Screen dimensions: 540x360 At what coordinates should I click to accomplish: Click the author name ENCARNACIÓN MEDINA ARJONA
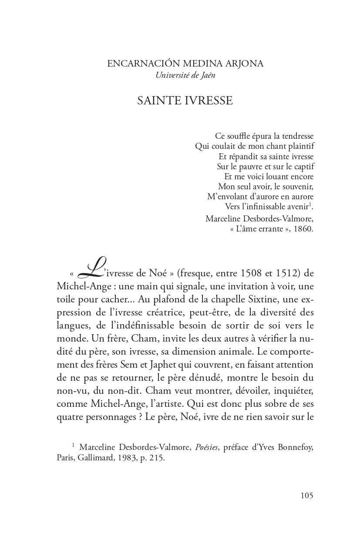[x=185, y=64]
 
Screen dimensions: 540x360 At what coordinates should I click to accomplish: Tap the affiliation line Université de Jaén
[x=185, y=75]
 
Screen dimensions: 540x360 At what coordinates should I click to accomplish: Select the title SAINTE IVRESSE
[x=185, y=101]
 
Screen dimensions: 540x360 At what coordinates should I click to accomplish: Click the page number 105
[x=307, y=496]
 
